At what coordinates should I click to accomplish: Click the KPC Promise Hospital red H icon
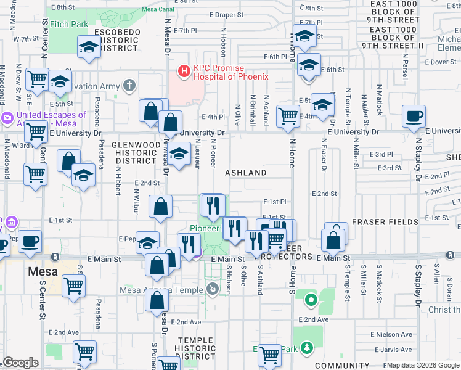[184, 72]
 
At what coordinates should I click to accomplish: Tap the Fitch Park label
[69, 25]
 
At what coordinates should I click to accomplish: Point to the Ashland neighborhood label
[245, 173]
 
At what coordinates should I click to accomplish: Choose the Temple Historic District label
[196, 348]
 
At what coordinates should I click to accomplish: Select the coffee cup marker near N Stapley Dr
[414, 116]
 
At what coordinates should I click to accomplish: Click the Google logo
[20, 363]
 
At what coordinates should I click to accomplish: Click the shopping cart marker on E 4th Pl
[288, 115]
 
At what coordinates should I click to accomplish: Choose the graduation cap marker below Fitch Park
[89, 47]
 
